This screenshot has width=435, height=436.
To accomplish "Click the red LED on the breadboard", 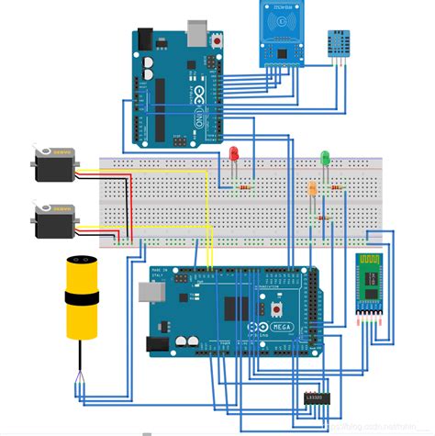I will point(234,152).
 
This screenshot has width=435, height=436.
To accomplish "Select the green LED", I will point(325,158).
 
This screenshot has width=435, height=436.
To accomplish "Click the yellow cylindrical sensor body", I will point(82,297).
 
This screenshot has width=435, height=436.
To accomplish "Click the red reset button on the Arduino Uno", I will point(217,41).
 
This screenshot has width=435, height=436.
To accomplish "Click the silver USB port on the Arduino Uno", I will point(196,34).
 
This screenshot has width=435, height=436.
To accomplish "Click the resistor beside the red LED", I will point(245,187).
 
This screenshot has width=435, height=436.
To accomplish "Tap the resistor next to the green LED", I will point(337,187).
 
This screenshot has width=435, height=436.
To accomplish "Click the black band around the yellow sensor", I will point(82,298).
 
